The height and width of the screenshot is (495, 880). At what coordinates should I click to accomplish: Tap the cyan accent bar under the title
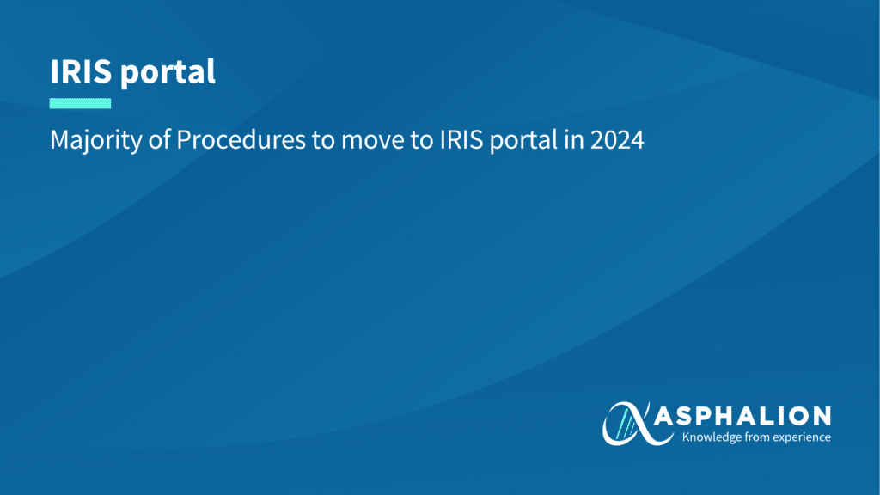[80, 103]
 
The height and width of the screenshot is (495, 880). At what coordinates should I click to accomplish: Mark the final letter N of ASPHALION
[821, 417]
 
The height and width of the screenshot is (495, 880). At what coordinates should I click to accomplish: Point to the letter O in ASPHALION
[799, 417]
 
